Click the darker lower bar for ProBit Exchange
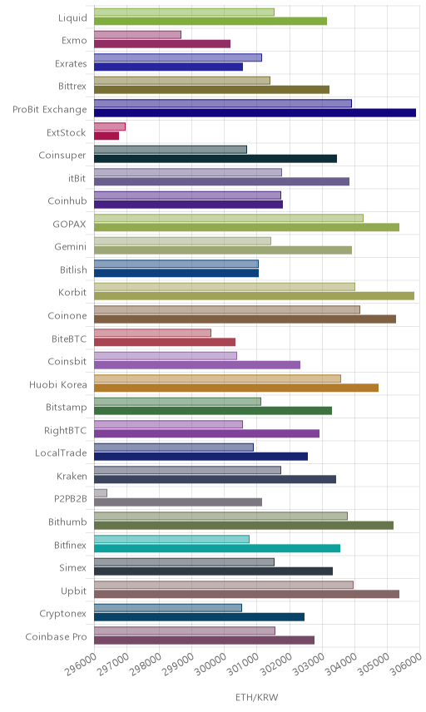click(255, 112)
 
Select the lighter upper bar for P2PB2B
click(101, 493)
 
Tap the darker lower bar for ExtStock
click(106, 136)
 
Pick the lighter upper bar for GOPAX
click(229, 218)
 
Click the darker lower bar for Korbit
click(255, 296)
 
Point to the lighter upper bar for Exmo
click(137, 35)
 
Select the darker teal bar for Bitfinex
click(217, 548)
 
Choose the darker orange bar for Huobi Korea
click(236, 388)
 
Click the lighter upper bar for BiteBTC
click(152, 333)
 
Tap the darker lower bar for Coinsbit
click(197, 364)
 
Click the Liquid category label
click(72, 17)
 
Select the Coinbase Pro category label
click(56, 636)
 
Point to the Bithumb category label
click(67, 522)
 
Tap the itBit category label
click(77, 178)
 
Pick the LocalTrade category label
click(61, 452)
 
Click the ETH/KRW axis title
click(256, 698)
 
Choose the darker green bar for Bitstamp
click(213, 411)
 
